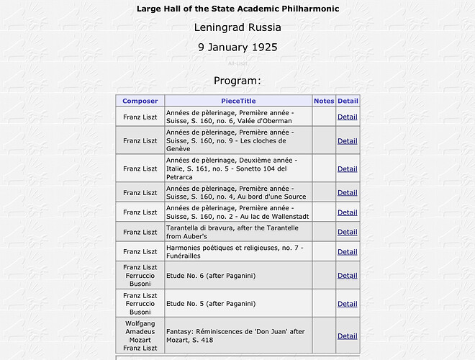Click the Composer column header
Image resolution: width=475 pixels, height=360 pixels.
[x=140, y=101]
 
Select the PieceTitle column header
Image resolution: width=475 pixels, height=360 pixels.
[x=238, y=101]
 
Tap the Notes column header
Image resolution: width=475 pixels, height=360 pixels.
[x=324, y=101]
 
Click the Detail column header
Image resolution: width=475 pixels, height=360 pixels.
[x=348, y=101]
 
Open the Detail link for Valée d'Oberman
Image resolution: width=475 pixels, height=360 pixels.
[x=348, y=117]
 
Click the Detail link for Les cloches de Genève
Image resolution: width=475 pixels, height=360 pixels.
[x=348, y=141]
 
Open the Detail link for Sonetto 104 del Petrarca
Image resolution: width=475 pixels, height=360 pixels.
[x=348, y=169]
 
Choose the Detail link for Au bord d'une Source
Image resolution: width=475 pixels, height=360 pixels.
[x=348, y=192]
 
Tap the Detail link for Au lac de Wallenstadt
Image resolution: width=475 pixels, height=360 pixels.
[x=348, y=212]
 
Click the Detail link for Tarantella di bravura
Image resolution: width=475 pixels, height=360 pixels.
[x=348, y=232]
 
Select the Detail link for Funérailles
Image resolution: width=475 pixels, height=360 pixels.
[x=348, y=252]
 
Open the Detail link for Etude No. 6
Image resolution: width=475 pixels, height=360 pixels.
[x=348, y=276]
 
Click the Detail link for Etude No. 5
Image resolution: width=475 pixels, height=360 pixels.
[x=348, y=304]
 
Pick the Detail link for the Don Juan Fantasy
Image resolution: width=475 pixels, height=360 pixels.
[x=348, y=336]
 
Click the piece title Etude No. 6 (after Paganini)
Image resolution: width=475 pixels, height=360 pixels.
[x=211, y=276]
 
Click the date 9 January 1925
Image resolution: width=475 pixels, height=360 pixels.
[x=237, y=48]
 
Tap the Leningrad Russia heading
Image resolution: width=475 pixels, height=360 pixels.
[x=237, y=28]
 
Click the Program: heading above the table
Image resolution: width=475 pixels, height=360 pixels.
[x=237, y=81]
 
